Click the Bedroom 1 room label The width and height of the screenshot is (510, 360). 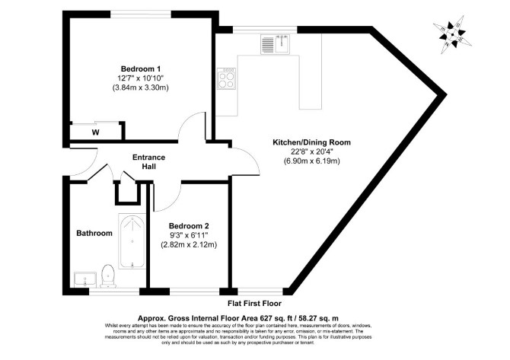tap(141, 69)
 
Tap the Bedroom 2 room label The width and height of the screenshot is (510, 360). tap(189, 226)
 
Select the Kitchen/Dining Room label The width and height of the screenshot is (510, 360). tap(311, 142)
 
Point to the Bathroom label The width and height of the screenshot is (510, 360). tap(94, 233)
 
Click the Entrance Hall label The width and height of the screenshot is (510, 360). tap(148, 162)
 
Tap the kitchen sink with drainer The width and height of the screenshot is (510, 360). tap(275, 44)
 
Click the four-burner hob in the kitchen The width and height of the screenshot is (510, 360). tap(226, 78)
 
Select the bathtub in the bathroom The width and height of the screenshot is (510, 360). tap(132, 241)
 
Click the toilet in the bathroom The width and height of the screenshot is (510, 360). tap(108, 276)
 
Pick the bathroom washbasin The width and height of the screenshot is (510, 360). tap(85, 280)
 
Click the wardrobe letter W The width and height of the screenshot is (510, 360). tap(96, 132)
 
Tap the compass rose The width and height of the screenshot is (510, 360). tap(452, 34)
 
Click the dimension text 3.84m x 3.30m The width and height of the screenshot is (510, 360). tap(141, 88)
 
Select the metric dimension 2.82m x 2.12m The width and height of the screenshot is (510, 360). tap(189, 244)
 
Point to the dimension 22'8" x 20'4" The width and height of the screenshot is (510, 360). tap(311, 151)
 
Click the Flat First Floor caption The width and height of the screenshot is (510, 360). tap(254, 304)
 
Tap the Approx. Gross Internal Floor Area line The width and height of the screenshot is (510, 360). tap(238, 318)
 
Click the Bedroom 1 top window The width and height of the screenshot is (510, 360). tap(141, 14)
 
